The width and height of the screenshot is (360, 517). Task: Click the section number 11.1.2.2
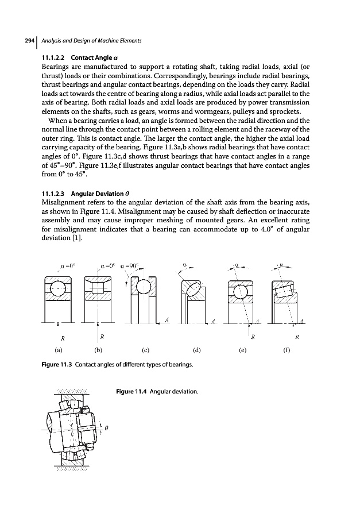[x=56, y=58]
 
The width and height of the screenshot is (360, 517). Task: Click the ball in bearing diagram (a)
[x=60, y=290]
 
